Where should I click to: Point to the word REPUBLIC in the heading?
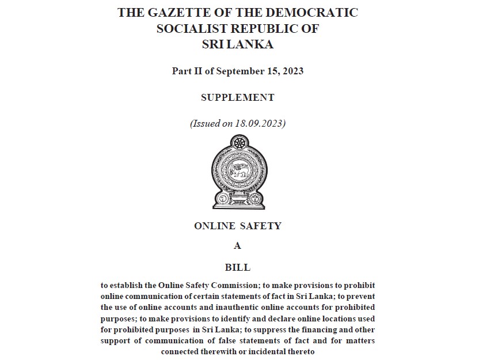click(x=271, y=29)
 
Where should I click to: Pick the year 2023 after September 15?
click(x=292, y=71)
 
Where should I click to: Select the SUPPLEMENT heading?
click(x=237, y=97)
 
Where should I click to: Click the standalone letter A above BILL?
click(x=237, y=246)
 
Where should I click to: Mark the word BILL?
click(x=237, y=267)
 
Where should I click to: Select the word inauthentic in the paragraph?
click(x=230, y=308)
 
